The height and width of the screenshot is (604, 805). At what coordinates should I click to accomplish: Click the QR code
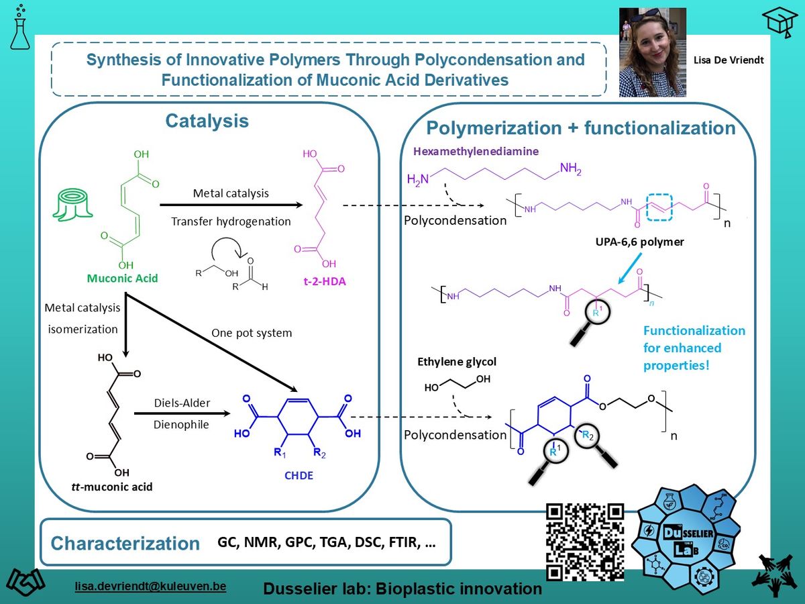pos(584,542)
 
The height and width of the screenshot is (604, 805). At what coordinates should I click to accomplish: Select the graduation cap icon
pos(780,22)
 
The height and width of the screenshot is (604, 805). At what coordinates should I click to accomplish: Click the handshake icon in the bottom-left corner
pos(25,583)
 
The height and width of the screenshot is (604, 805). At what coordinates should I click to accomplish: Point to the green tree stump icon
pos(72,205)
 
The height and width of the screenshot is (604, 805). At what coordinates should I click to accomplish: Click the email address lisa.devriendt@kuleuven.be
pos(150,586)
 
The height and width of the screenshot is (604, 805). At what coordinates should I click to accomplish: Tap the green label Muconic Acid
pos(123,279)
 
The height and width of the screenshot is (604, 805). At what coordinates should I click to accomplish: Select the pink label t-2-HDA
pos(325,281)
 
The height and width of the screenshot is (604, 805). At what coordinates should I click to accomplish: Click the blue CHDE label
pos(299,475)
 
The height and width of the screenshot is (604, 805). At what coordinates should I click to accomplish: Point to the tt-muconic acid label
pos(112,487)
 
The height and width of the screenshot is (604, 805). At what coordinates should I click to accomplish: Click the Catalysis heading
pos(207,121)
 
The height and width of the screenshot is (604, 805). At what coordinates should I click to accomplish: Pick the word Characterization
pos(125,543)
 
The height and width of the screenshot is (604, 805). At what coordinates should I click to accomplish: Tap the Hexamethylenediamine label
pos(476,151)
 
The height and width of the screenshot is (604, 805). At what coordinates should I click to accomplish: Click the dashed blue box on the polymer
pos(659,207)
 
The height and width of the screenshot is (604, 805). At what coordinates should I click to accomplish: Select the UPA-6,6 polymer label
pos(639,242)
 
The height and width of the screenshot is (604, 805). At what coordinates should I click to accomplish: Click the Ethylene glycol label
pos(457,362)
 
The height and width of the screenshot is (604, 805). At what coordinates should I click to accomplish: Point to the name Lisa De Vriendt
pos(729,60)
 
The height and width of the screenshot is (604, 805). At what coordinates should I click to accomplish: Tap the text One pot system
pos(252,333)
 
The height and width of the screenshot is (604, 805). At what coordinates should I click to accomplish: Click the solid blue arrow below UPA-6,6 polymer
pos(630,268)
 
